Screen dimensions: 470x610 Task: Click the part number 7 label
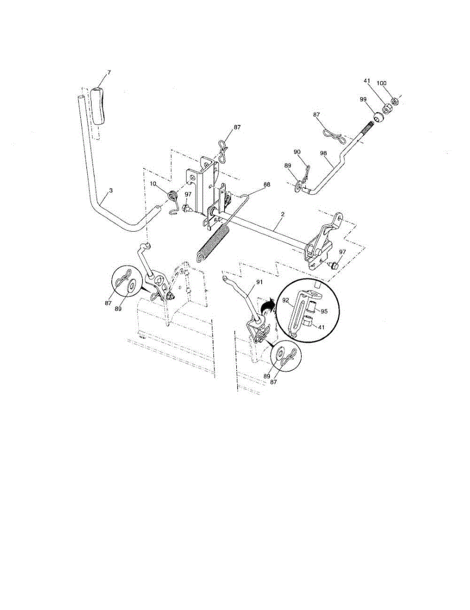tap(108, 73)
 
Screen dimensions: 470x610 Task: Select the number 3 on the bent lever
tap(111, 190)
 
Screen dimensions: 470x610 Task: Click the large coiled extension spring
tap(213, 243)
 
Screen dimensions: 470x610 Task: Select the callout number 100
tap(395, 83)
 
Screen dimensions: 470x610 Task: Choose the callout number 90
tap(297, 152)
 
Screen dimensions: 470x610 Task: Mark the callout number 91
tap(259, 282)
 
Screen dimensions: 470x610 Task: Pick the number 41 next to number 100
tap(367, 81)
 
